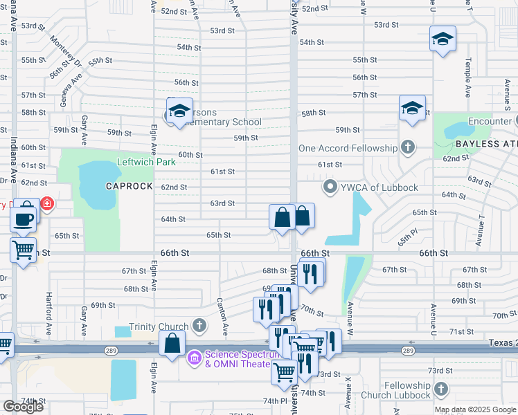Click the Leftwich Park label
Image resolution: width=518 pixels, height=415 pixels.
pos(146,162)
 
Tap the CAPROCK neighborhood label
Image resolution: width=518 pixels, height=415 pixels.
pos(127,187)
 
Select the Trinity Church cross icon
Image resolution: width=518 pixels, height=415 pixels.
pos(199,325)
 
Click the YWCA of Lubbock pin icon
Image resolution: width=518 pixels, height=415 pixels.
pos(330,187)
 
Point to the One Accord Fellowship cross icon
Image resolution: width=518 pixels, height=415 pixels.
pos(409,147)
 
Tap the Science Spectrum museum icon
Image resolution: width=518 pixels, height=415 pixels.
pos(195,356)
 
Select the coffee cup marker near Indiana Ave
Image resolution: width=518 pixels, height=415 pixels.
pos(23,219)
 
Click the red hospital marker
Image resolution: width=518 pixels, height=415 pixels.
pos(47,204)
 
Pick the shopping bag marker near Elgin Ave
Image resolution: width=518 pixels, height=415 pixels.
pos(172,342)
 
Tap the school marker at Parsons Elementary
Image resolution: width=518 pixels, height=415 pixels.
pos(179,111)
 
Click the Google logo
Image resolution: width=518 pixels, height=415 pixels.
pos(23,407)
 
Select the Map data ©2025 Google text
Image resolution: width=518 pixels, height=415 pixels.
pos(476,409)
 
